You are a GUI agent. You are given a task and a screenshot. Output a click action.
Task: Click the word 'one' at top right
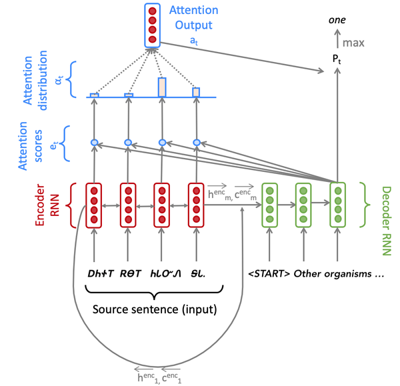pos(337,21)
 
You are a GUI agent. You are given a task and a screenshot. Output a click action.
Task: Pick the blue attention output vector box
pos(153,26)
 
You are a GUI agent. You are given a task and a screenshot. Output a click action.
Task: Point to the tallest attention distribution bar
pos(162,87)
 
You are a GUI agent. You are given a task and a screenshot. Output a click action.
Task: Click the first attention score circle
pos(94,142)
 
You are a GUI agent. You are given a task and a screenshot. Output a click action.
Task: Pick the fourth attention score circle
pos(196,142)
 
